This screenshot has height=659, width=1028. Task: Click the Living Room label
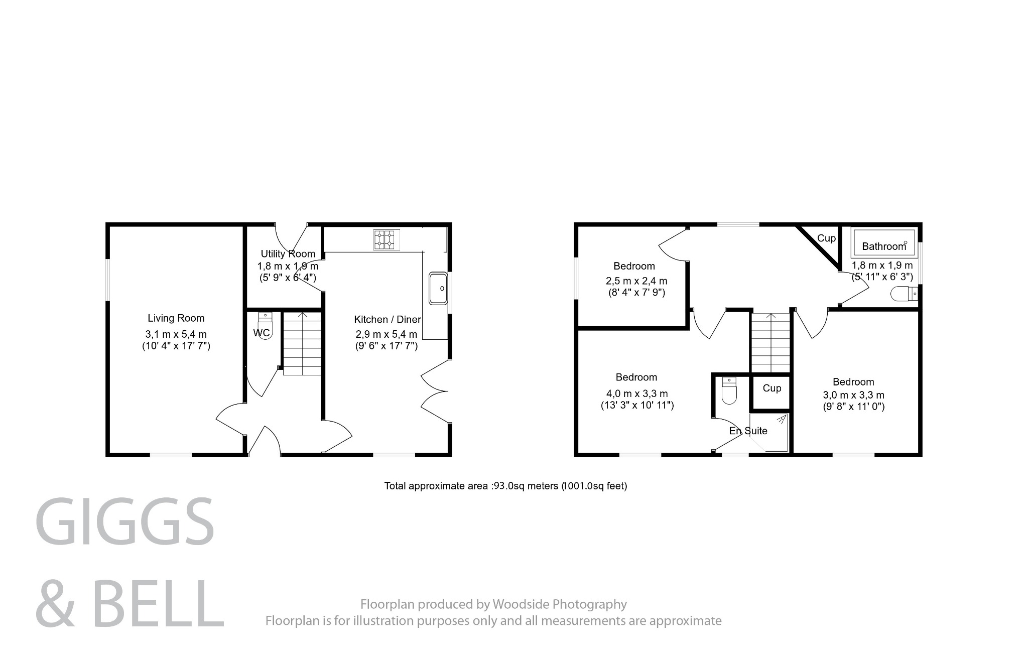tap(176, 318)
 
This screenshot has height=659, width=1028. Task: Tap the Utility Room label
tap(288, 254)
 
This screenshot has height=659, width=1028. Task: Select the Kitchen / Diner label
tap(387, 320)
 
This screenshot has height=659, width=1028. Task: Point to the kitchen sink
tap(438, 288)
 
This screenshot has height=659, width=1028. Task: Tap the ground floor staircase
tap(302, 343)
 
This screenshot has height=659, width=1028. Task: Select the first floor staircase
tap(770, 342)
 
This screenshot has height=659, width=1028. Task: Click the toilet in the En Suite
tap(728, 391)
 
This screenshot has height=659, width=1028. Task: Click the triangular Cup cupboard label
tap(826, 238)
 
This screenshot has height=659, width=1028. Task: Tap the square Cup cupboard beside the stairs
tap(772, 388)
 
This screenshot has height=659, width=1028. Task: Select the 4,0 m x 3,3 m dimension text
tap(636, 394)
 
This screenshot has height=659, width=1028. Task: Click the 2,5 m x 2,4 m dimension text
tap(636, 281)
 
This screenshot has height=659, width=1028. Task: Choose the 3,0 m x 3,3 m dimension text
tap(853, 395)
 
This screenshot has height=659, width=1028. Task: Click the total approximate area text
tap(505, 486)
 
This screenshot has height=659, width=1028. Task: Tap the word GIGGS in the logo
tap(125, 521)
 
